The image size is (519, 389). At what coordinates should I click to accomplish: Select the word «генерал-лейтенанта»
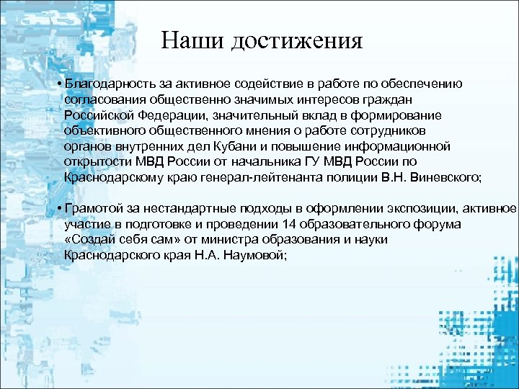point(291,176)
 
